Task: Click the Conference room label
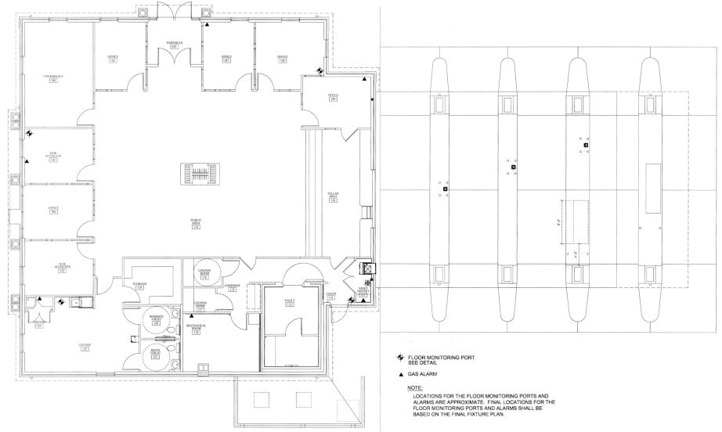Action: tap(52, 78)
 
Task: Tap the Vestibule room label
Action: tap(174, 44)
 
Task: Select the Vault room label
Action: tap(289, 301)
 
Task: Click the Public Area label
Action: tap(195, 225)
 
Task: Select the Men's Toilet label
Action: tap(155, 354)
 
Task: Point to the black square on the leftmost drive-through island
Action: tap(444, 189)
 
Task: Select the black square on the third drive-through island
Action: tap(583, 146)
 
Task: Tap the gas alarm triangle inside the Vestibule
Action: tap(207, 25)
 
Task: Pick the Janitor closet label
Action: tap(38, 325)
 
